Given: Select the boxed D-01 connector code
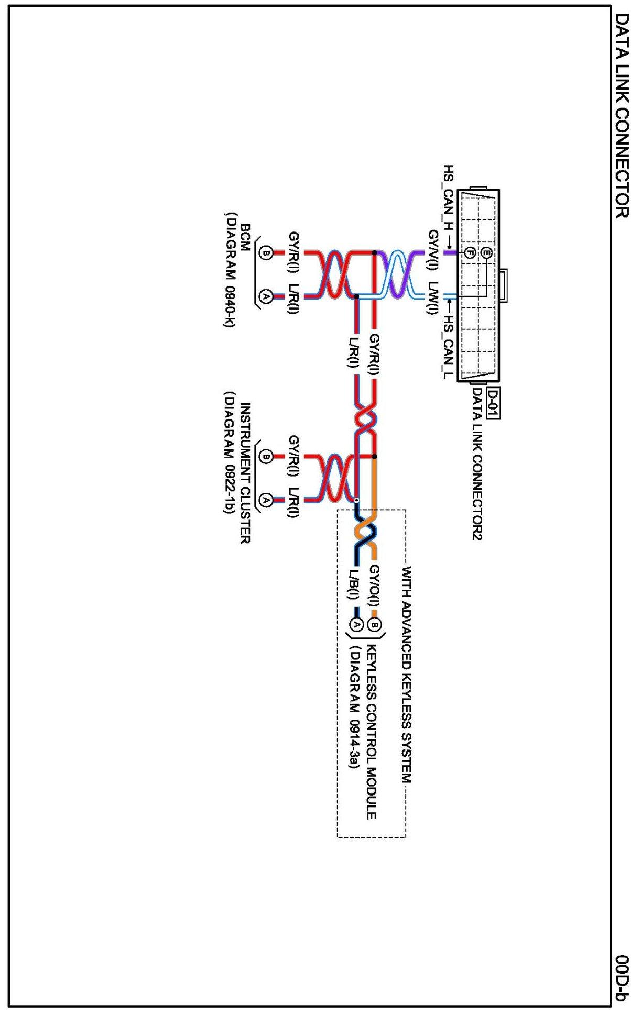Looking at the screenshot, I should coord(492,404).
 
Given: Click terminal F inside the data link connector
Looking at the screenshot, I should coord(470,253).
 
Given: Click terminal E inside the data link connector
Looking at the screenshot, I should coord(487,253).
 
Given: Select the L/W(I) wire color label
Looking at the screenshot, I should coord(433,300).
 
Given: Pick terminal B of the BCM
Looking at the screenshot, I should coord(266,253).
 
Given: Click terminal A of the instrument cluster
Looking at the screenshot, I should coord(266,499).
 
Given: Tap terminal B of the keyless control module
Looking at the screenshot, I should coord(374,624).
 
